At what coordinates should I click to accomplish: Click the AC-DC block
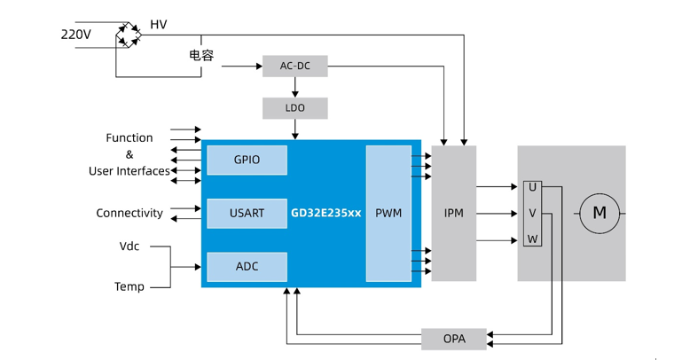(294, 67)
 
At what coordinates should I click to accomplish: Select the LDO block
(294, 108)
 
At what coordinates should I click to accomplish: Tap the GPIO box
(247, 160)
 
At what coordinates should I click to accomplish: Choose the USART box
(247, 213)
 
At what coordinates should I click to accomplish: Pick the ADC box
(247, 266)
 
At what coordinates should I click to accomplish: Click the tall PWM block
(388, 214)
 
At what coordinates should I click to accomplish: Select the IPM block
(453, 214)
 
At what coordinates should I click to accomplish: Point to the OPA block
(453, 339)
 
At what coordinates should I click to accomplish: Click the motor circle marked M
(600, 213)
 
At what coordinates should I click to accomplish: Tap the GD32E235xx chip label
(326, 214)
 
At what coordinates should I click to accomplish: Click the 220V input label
(75, 35)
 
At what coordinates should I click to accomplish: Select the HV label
(158, 25)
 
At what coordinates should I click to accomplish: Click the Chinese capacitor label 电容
(201, 55)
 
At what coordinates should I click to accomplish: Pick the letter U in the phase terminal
(532, 187)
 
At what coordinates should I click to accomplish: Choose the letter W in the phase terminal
(532, 239)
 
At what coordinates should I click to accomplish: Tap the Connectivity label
(129, 213)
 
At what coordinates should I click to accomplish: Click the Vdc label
(129, 246)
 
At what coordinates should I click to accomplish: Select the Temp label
(129, 286)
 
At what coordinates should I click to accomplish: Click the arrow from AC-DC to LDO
(294, 87)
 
